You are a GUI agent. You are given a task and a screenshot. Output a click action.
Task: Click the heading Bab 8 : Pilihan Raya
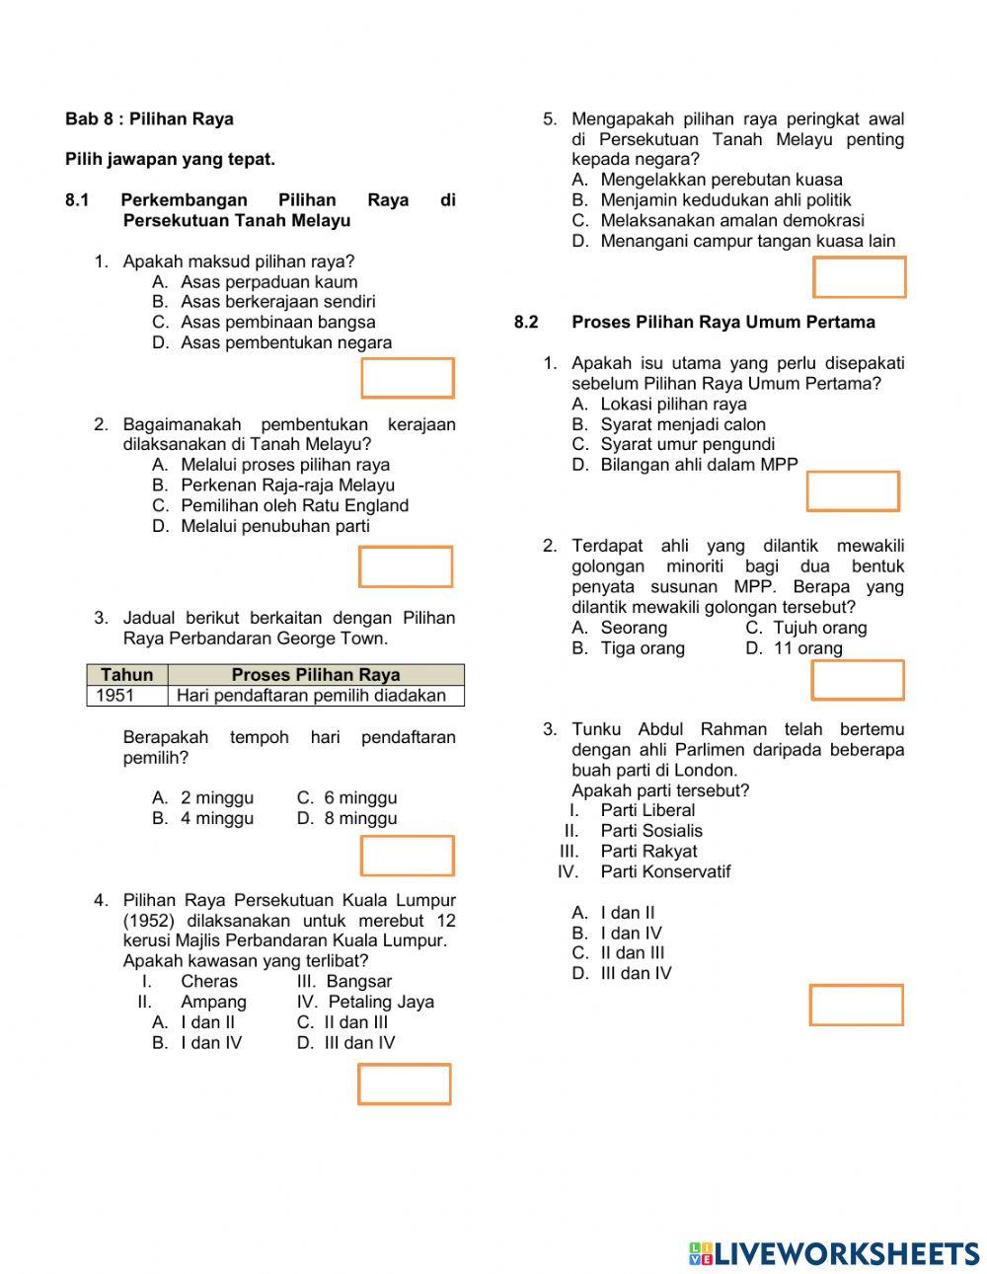click(x=149, y=119)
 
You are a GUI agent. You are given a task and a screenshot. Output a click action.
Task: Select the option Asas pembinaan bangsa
click(x=277, y=322)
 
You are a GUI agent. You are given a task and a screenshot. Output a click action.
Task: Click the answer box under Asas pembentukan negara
click(x=407, y=378)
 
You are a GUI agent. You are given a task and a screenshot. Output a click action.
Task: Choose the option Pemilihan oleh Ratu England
click(x=294, y=505)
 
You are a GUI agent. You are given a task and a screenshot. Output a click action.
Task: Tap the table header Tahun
click(x=127, y=675)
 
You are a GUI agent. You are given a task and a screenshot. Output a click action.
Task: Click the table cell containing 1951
click(x=115, y=696)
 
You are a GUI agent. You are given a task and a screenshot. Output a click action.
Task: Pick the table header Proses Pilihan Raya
click(x=315, y=675)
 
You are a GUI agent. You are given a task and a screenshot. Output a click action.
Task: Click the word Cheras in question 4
click(x=209, y=981)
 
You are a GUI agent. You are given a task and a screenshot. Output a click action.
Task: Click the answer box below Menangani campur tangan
click(x=859, y=277)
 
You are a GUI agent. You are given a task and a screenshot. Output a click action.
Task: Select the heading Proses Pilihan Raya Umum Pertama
click(x=722, y=323)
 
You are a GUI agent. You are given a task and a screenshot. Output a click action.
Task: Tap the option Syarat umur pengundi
click(x=687, y=444)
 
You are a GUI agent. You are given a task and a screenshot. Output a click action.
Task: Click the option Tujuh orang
click(x=819, y=628)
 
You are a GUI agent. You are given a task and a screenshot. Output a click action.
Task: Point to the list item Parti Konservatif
click(x=665, y=871)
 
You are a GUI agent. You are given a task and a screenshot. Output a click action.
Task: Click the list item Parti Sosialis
click(x=651, y=831)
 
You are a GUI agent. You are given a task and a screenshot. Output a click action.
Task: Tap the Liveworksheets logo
click(x=833, y=1253)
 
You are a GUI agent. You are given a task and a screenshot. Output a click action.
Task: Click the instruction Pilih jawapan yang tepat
click(x=170, y=159)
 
